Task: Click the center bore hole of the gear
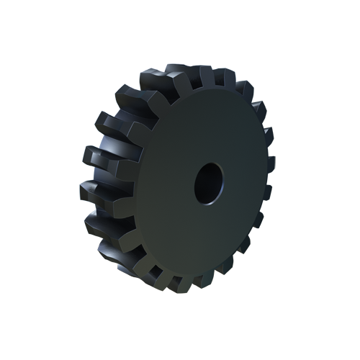click(x=209, y=181)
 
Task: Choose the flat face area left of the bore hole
click(x=162, y=184)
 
